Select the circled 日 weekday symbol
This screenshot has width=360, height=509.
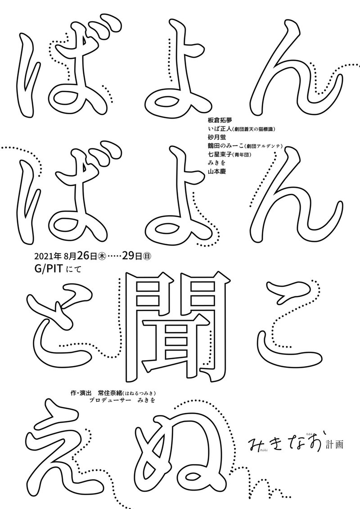147,258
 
